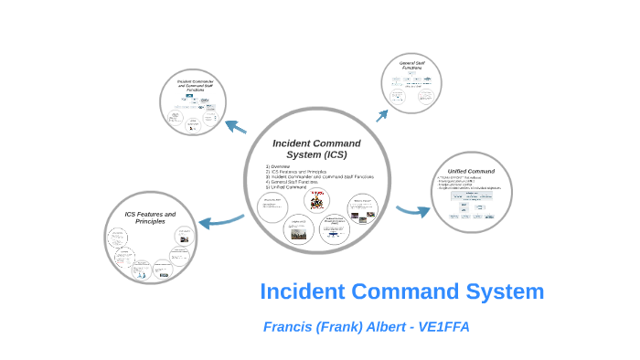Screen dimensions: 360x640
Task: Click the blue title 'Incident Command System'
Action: pyautogui.click(x=401, y=292)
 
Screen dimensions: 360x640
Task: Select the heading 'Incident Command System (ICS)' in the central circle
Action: pyautogui.click(x=316, y=148)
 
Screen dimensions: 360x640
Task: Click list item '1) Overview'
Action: pyautogui.click(x=278, y=166)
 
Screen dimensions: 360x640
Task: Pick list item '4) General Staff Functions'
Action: pyautogui.click(x=292, y=182)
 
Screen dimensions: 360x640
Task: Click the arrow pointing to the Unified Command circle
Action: pyautogui.click(x=413, y=211)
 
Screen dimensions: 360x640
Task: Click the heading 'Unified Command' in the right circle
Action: pyautogui.click(x=471, y=172)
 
